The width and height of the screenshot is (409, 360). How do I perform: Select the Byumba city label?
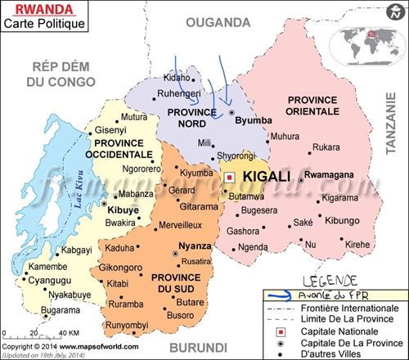(x=253, y=120)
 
